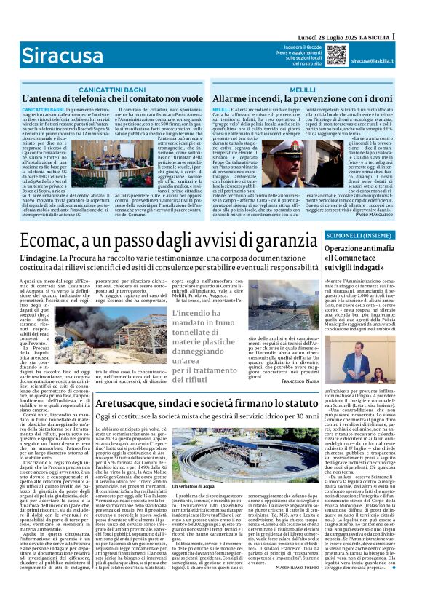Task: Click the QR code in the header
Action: (336, 54)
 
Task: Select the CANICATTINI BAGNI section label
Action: (98, 87)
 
